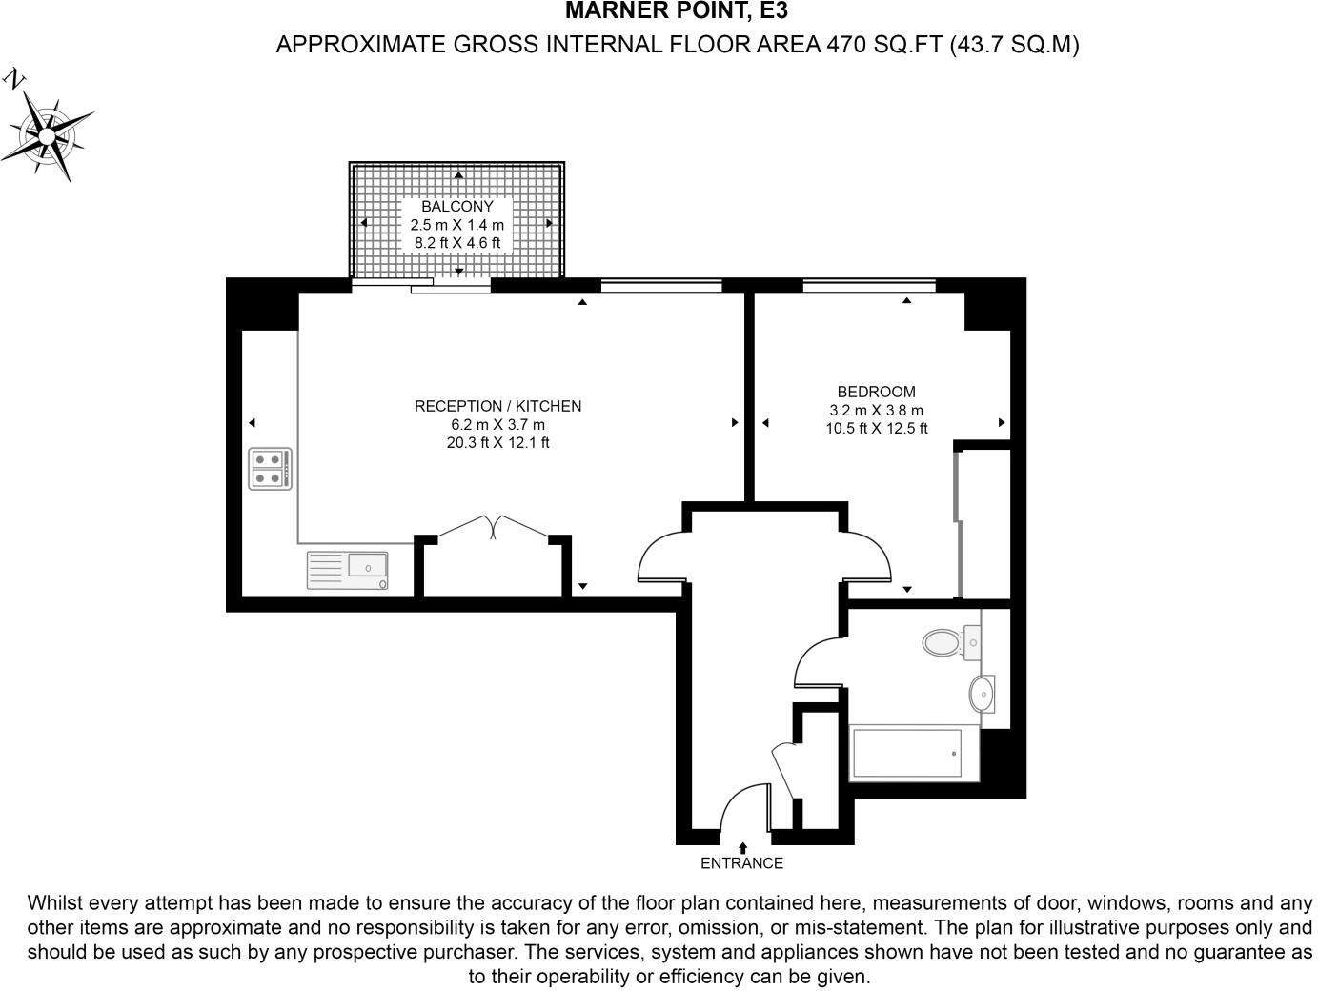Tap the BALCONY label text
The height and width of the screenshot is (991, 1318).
pyautogui.click(x=457, y=207)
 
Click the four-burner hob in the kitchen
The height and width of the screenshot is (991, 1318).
pyautogui.click(x=270, y=469)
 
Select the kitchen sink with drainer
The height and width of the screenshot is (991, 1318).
pyautogui.click(x=347, y=570)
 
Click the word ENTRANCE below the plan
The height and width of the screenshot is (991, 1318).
pyautogui.click(x=741, y=864)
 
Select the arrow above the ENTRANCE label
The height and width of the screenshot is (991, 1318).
pyautogui.click(x=742, y=846)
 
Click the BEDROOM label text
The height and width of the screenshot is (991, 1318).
pyautogui.click(x=876, y=392)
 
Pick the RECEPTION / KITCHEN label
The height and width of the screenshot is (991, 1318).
pyautogui.click(x=497, y=407)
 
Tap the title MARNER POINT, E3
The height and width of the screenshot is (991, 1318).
pyautogui.click(x=677, y=11)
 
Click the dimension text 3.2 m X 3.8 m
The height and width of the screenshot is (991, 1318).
pyautogui.click(x=876, y=411)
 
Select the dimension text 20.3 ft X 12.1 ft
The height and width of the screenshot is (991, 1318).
pyautogui.click(x=497, y=443)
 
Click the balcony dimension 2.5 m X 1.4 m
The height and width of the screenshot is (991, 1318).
pyautogui.click(x=457, y=226)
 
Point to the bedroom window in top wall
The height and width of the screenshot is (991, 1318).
pyautogui.click(x=869, y=284)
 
